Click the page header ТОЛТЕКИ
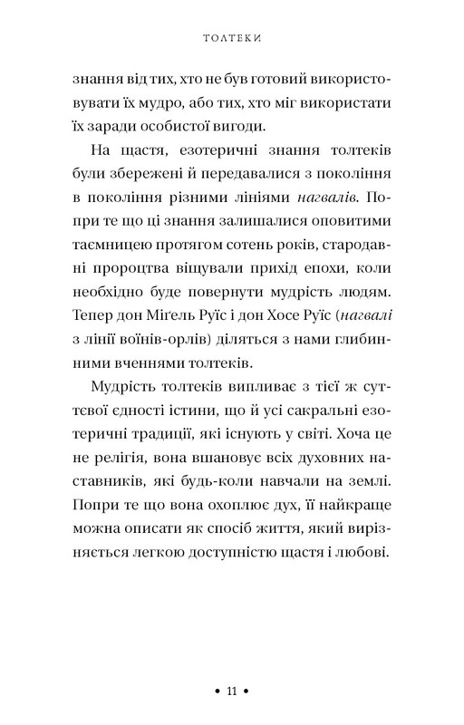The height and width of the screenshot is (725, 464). point(231,38)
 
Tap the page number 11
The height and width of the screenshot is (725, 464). point(231,691)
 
